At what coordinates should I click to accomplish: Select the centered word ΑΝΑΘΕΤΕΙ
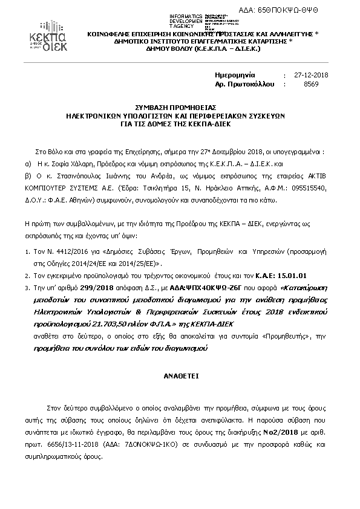click(x=179, y=374)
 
